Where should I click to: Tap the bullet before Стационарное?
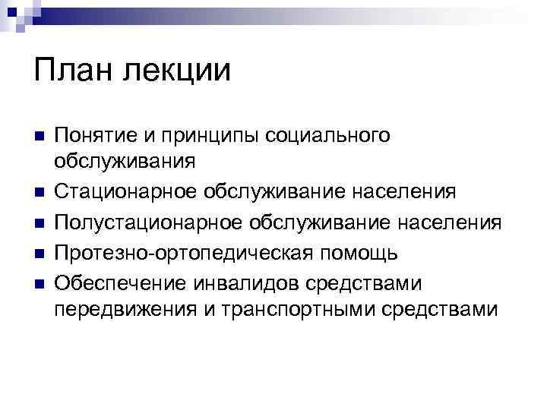(x=40, y=193)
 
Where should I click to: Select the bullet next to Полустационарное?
(x=40, y=222)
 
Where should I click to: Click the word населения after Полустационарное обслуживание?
(x=452, y=222)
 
